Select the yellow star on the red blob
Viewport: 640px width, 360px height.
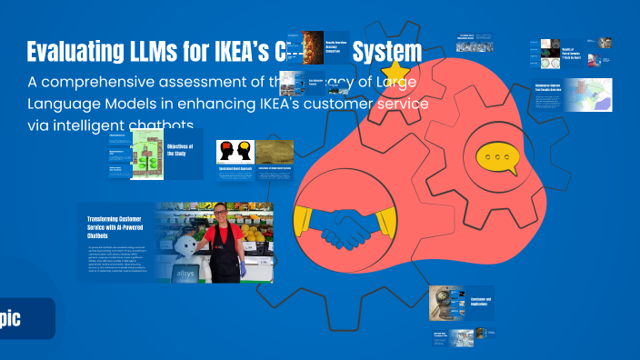pyautogui.click(x=395, y=72)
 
